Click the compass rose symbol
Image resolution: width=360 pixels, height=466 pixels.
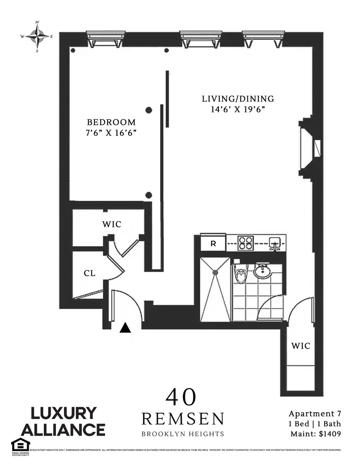pos(37,35)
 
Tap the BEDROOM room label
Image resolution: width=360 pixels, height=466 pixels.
pos(111,122)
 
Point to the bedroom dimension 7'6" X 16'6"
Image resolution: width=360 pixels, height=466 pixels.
pos(111,133)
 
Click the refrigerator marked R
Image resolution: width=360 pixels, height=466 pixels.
pos(213,243)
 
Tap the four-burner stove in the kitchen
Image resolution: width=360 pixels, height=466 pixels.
pos(245,243)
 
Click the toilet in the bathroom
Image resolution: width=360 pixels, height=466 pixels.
pos(241,274)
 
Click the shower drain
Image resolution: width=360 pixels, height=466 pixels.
pos(215,272)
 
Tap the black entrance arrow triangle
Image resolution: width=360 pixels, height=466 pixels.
pos(124,328)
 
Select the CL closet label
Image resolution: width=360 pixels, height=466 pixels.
pos(89,274)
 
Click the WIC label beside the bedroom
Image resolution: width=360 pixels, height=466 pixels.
pos(111,225)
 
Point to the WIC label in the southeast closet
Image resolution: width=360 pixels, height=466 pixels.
pos(300,346)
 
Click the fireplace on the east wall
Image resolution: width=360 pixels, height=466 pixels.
pos(309,148)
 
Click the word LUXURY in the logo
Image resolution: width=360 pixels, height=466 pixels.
pos(64,413)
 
